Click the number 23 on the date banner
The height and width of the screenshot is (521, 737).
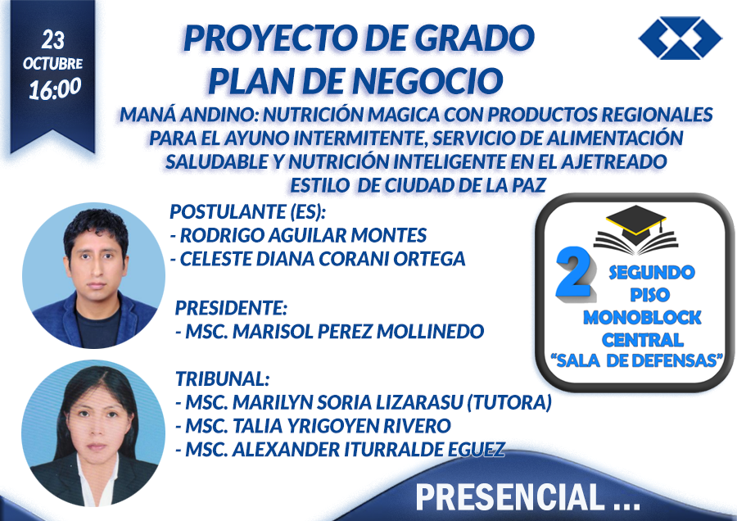tap(52, 40)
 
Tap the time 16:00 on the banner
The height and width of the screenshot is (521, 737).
tap(55, 88)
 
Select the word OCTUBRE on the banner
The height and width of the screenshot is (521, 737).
tap(52, 63)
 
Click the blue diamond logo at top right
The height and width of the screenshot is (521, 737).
tap(680, 38)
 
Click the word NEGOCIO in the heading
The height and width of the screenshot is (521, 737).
tap(427, 81)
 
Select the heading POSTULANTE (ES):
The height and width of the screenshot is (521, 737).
tap(247, 211)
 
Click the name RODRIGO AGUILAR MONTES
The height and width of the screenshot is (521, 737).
tap(303, 235)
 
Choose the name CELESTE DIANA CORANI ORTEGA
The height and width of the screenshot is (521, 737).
tap(323, 259)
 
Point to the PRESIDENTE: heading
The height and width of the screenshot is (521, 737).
tap(231, 308)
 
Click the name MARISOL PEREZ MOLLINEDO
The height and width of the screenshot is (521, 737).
tap(358, 332)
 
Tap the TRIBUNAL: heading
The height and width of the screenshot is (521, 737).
tap(222, 378)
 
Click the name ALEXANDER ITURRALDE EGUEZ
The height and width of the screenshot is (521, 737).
tap(369, 450)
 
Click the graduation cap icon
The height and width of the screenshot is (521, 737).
tap(636, 229)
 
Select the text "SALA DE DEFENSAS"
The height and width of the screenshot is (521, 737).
tap(636, 360)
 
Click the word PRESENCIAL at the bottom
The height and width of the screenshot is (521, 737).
tap(510, 497)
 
